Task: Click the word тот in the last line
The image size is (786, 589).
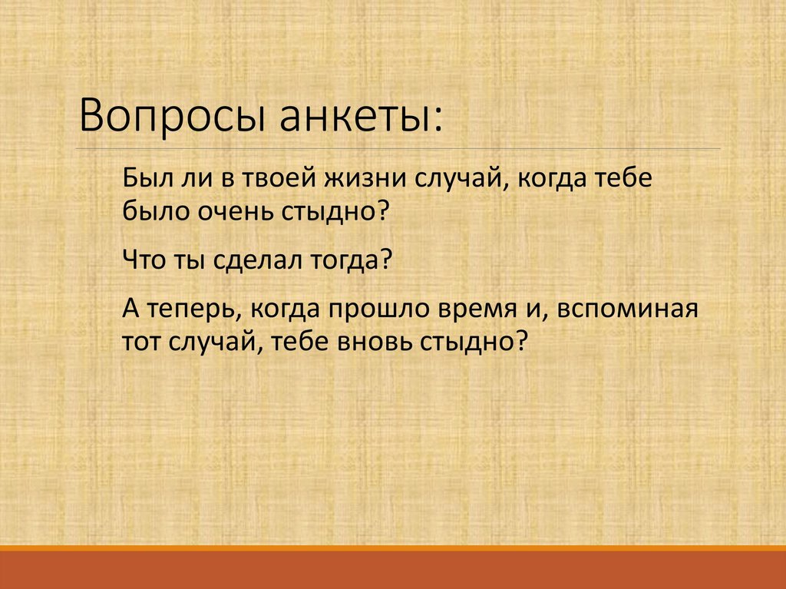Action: (140, 340)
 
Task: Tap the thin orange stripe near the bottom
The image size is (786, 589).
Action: (393, 548)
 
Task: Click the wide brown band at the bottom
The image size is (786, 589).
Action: (393, 571)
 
